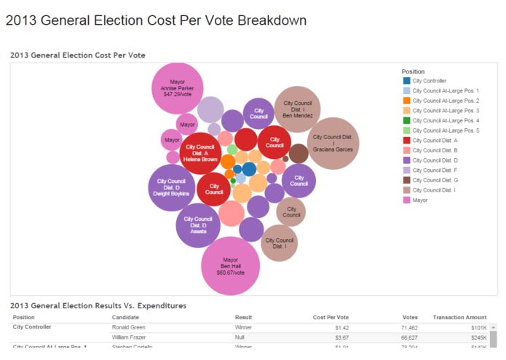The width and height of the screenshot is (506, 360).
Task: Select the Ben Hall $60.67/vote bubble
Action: tap(230, 265)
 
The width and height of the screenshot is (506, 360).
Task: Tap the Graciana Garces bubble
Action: tap(333, 143)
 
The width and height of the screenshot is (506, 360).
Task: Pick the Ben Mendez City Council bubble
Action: tap(297, 109)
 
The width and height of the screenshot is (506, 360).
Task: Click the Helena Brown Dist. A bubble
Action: tap(200, 153)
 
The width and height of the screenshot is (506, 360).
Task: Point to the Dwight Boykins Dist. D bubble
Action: tap(172, 187)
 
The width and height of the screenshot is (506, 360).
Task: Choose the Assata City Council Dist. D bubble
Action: tap(198, 225)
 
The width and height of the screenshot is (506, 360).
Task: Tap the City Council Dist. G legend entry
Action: tap(435, 179)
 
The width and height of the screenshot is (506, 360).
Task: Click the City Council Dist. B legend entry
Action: tap(435, 149)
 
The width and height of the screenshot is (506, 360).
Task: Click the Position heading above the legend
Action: tap(414, 71)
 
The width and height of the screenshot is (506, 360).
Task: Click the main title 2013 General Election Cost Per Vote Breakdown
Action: tap(156, 20)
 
